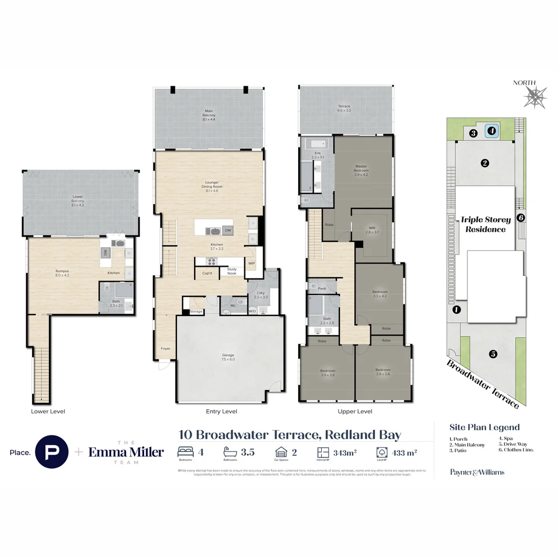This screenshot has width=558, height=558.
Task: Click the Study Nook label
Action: [231, 271]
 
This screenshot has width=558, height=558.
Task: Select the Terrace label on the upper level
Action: [344, 109]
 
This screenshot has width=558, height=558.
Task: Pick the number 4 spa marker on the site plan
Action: [492, 131]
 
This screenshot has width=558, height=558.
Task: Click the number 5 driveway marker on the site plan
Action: [493, 354]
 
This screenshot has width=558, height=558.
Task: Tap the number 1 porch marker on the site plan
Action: [456, 310]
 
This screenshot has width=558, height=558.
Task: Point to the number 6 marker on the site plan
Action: [521, 218]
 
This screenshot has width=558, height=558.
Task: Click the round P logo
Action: [51, 452]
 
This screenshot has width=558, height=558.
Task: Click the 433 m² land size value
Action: [405, 453]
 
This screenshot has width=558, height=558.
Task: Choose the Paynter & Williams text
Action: [477, 472]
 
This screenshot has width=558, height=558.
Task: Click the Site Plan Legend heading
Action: [484, 427]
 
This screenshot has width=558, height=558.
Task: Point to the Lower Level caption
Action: [48, 411]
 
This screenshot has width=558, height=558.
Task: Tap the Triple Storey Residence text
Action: [486, 224]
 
